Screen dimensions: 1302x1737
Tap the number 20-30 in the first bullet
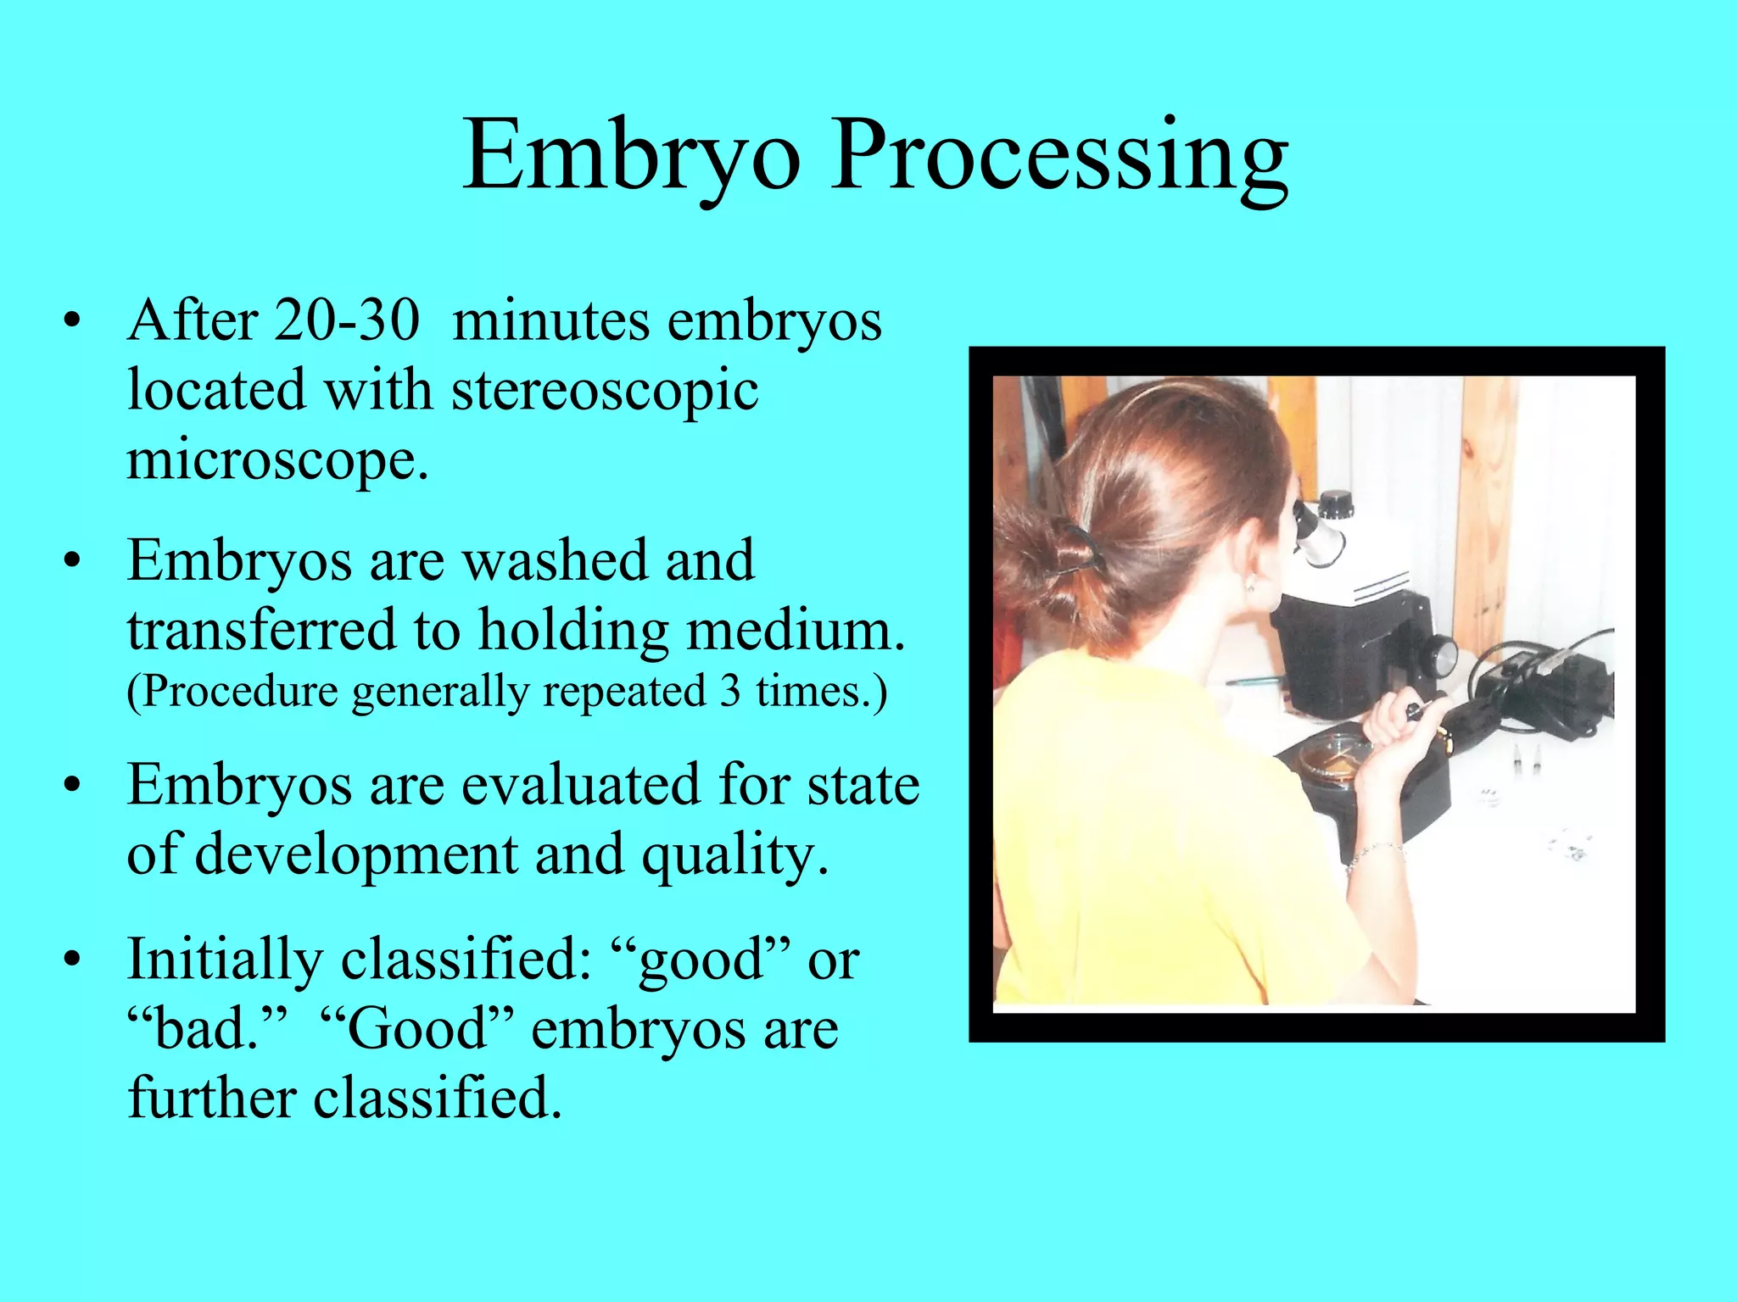346,321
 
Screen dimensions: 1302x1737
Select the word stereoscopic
604,392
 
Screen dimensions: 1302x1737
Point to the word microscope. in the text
277,460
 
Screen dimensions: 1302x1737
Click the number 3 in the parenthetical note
730,691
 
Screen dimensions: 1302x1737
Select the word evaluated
580,784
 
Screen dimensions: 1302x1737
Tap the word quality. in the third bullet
734,854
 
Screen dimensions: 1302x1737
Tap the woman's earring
1250,584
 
